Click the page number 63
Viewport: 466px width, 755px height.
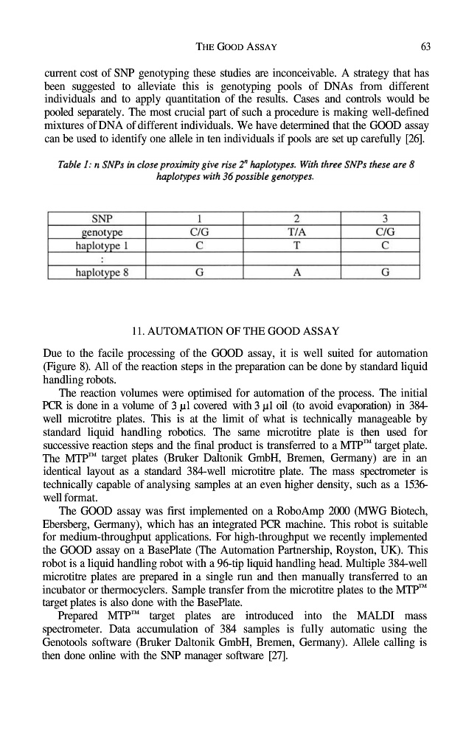pos(425,47)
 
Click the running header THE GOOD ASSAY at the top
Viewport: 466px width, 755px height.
pos(232,47)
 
